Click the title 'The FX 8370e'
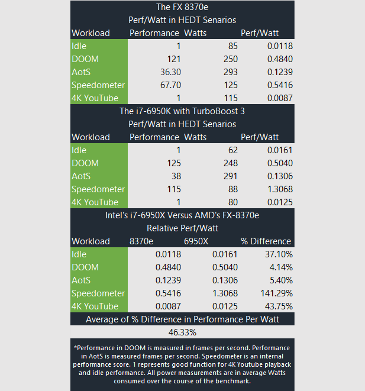pos(182,7)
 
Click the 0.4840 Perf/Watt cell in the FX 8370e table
pos(278,59)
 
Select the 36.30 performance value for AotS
pos(167,72)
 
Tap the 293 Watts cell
pos(230,72)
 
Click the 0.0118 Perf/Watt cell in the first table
pos(278,46)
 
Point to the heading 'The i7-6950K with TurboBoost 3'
pos(182,111)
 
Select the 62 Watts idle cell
pos(232,150)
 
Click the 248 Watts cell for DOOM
pos(230,163)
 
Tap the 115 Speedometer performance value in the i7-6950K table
pos(171,189)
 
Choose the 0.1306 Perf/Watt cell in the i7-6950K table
pos(278,176)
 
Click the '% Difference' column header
pos(266,241)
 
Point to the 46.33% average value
pos(182,332)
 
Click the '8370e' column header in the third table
pos(143,241)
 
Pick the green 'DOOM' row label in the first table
pos(85,59)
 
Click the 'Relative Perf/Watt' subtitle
pos(182,228)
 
